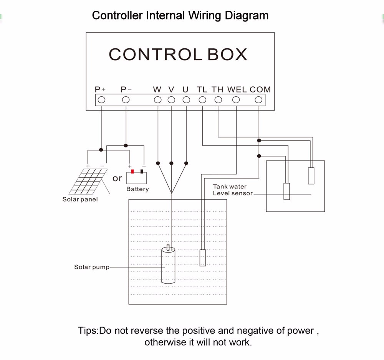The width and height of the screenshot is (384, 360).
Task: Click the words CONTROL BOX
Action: pyautogui.click(x=178, y=54)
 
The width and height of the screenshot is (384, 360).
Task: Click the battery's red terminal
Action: pyautogui.click(x=132, y=172)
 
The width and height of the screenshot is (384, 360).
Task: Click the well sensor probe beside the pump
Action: pyautogui.click(x=202, y=258)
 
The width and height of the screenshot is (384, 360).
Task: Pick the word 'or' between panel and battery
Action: pyautogui.click(x=117, y=178)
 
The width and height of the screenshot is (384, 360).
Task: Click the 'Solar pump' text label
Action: pyautogui.click(x=92, y=267)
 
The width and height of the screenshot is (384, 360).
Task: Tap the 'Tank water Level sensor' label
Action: pyautogui.click(x=233, y=190)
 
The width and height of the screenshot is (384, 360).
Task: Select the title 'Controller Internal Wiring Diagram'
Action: pyautogui.click(x=180, y=16)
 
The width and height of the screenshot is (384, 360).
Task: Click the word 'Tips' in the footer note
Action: pyautogui.click(x=88, y=330)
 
